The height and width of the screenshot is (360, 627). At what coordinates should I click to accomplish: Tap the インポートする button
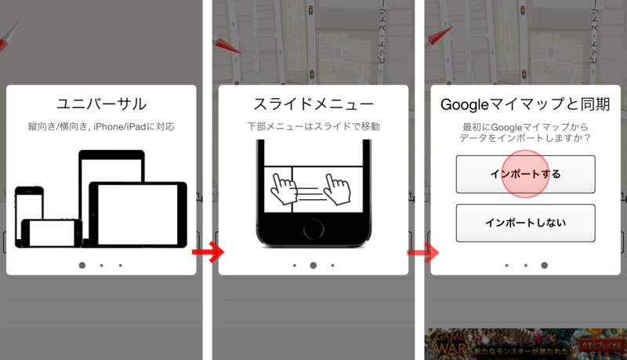tap(525, 174)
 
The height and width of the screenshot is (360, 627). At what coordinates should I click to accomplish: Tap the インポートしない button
tap(525, 223)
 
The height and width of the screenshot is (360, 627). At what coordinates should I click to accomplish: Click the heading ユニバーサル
tap(102, 104)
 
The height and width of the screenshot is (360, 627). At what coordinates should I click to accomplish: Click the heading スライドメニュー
tap(313, 104)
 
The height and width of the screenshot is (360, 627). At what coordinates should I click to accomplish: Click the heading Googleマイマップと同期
tap(525, 104)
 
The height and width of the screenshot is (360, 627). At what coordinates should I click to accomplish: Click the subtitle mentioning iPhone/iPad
tap(102, 125)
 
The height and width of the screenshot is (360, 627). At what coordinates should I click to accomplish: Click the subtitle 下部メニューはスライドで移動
tap(313, 125)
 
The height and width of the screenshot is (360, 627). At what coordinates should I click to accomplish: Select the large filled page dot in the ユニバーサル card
tap(82, 265)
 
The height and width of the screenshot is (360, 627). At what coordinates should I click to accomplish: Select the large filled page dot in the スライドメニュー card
tap(313, 265)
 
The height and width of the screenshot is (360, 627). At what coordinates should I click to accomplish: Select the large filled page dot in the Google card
tap(545, 265)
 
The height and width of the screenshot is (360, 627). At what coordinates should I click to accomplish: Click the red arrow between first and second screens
tap(208, 252)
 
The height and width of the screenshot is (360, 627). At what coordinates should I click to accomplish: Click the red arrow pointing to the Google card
tap(422, 252)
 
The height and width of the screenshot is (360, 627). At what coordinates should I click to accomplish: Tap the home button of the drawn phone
tap(313, 230)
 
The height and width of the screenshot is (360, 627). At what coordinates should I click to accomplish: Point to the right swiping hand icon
tap(339, 188)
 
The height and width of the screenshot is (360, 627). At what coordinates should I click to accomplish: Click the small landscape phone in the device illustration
tap(51, 233)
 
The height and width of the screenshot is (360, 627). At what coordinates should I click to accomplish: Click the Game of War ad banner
tap(525, 344)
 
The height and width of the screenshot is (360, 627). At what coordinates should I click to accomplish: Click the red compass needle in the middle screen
tap(228, 45)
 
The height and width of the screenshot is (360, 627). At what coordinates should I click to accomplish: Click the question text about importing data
tap(525, 132)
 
